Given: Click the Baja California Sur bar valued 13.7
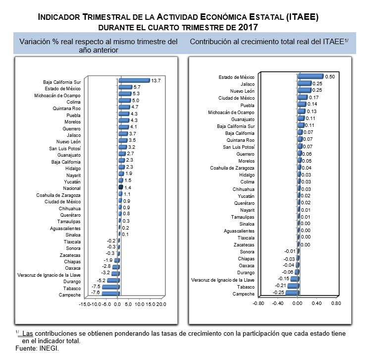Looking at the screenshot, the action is point(134,81).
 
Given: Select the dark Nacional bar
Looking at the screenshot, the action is point(121,187).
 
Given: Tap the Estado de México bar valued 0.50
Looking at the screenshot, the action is point(311,76).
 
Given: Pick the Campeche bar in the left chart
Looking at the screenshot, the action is point(110,294).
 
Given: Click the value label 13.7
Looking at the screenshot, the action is point(156,81).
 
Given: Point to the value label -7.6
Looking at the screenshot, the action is point(95,293).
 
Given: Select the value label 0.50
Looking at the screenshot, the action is point(330,76).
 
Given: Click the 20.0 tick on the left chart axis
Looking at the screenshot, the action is point(161,304).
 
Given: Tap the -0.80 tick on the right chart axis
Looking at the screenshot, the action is point(258,303).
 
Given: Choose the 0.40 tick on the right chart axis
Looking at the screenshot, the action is point(316,303).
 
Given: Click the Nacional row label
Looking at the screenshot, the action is point(72,188).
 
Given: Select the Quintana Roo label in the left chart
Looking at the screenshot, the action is point(66,109).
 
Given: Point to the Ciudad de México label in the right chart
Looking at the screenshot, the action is point(236,98).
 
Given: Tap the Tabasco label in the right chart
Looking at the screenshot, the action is point(246,287).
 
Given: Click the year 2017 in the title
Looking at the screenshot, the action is point(248,27).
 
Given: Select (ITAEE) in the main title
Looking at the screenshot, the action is point(302,17).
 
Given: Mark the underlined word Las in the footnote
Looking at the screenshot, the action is point(27,333).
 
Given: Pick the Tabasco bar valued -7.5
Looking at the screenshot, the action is point(111,287).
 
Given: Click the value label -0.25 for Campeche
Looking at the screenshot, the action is point(278,293).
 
